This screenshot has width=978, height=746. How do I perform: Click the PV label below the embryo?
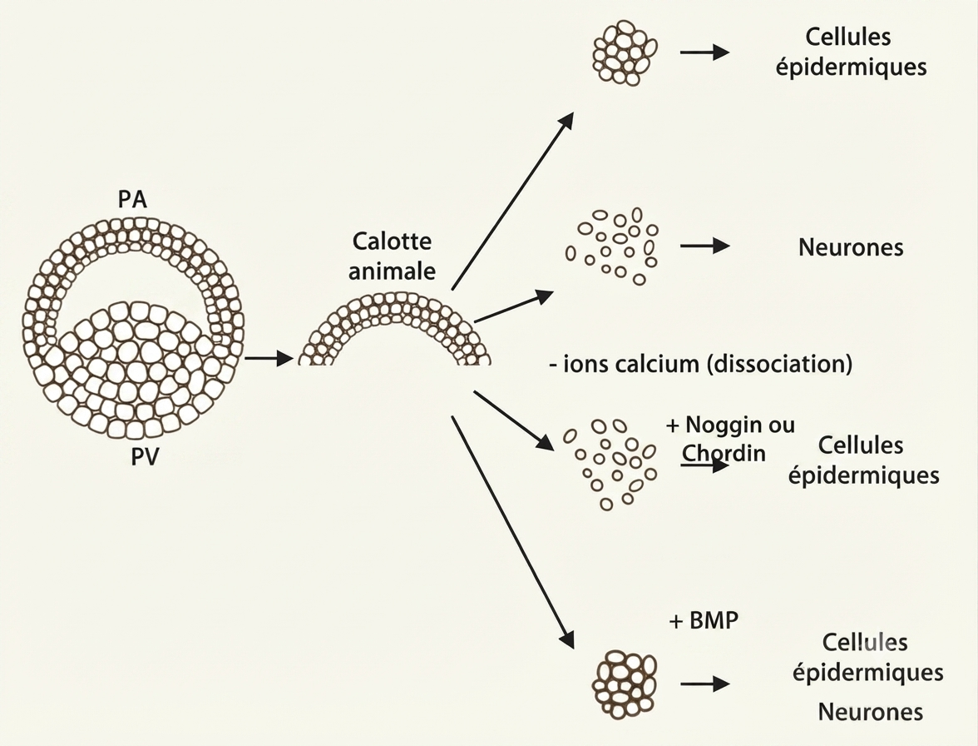[x=145, y=457]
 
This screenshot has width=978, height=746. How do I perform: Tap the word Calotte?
[x=392, y=241]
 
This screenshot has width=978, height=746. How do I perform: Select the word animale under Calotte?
[x=392, y=271]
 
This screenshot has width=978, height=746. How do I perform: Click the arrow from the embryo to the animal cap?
[x=269, y=358]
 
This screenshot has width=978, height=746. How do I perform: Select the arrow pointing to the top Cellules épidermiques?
[x=705, y=52]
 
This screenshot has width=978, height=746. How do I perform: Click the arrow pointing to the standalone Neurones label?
[x=705, y=246]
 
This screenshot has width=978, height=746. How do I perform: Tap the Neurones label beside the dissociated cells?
[x=851, y=247]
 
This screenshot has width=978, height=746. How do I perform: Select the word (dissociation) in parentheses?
[x=780, y=363]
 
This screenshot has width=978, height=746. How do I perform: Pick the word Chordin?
[x=724, y=452]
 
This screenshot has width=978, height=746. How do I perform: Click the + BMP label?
[x=704, y=620]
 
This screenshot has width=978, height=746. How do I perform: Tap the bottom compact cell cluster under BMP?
[x=625, y=684]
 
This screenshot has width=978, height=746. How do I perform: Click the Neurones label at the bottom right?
[x=870, y=712]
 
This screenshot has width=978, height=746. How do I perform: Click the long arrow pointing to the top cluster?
[x=512, y=201]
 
